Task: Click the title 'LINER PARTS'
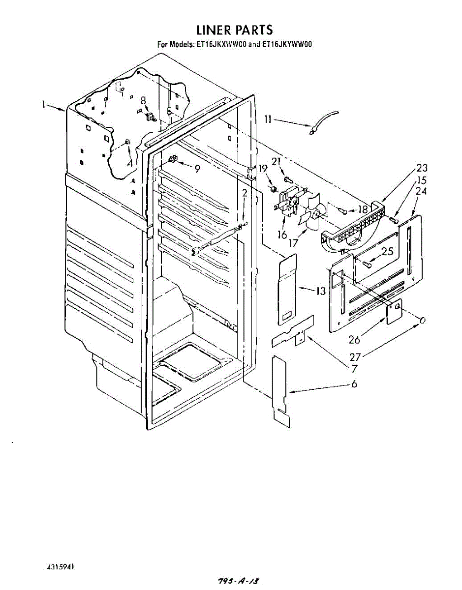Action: tap(234, 30)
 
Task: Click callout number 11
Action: tap(268, 119)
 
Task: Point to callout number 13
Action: tap(320, 292)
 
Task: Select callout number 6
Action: tap(354, 384)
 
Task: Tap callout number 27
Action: tap(355, 357)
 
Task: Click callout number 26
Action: tap(354, 340)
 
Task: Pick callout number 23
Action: tap(422, 168)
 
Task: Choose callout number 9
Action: tap(197, 169)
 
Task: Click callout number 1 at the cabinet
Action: tap(43, 104)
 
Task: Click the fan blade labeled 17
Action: tap(310, 214)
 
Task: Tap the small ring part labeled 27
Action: tap(422, 321)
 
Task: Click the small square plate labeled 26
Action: tap(394, 311)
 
